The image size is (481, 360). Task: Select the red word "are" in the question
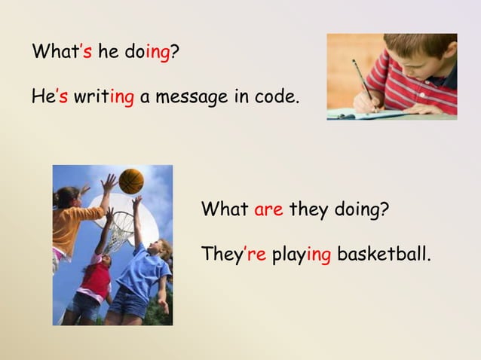tap(268, 209)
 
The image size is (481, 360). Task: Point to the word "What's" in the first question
tap(62, 53)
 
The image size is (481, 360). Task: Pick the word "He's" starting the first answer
tap(50, 97)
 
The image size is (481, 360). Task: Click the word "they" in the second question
tap(308, 209)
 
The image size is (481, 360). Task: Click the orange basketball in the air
tap(131, 181)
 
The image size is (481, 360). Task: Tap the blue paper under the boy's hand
tap(377, 114)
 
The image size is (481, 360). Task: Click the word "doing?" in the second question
tap(362, 209)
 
